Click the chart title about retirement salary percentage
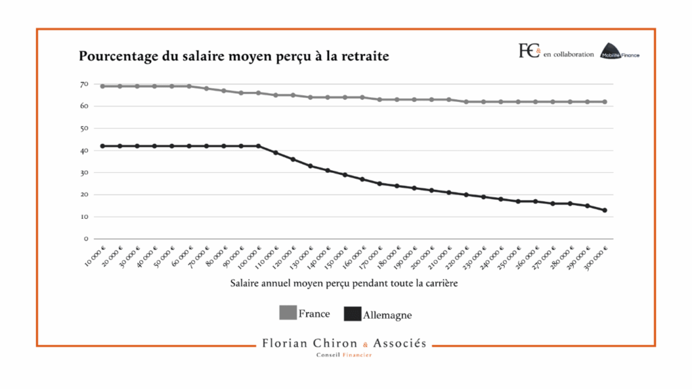pyautogui.click(x=234, y=56)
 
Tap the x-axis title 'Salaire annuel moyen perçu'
pyautogui.click(x=344, y=283)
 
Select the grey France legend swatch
pyautogui.click(x=288, y=313)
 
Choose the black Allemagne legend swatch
pyautogui.click(x=353, y=314)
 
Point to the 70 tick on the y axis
pyautogui.click(x=84, y=84)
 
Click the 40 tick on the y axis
pyautogui.click(x=84, y=151)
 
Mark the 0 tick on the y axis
pyautogui.click(x=86, y=238)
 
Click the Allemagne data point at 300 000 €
pyautogui.click(x=605, y=210)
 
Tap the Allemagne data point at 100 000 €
pyautogui.click(x=258, y=146)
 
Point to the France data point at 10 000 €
pyautogui.click(x=103, y=86)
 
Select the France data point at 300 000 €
pyautogui.click(x=605, y=101)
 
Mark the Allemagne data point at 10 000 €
pyautogui.click(x=103, y=146)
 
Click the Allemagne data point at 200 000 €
pyautogui.click(x=431, y=190)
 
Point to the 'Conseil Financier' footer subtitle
pyautogui.click(x=344, y=355)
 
